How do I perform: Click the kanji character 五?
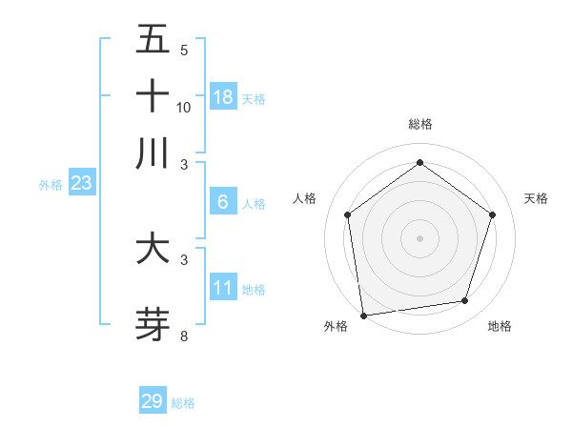[153, 40]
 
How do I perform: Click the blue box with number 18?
[223, 97]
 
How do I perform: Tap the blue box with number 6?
[223, 202]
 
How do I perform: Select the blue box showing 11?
[223, 288]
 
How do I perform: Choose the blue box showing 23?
[81, 183]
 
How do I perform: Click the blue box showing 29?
[153, 401]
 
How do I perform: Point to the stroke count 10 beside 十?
[184, 108]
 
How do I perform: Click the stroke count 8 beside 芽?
[183, 336]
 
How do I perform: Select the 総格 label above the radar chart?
[419, 124]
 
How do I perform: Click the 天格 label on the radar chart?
[536, 198]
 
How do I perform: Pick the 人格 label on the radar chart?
[304, 198]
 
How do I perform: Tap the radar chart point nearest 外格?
[363, 315]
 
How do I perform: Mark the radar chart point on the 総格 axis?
[419, 163]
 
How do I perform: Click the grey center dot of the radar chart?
[419, 237]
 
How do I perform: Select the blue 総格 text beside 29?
[183, 403]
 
